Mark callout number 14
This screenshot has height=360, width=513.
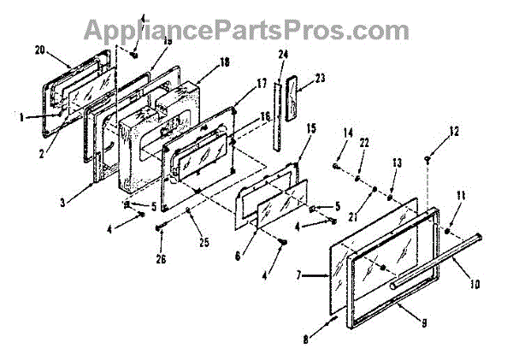347,134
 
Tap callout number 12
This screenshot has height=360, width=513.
454,132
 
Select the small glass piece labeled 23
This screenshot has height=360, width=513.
295,97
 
